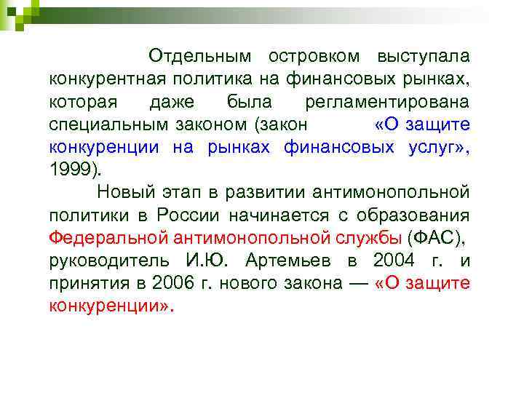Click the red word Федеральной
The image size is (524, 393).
tap(107, 237)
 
